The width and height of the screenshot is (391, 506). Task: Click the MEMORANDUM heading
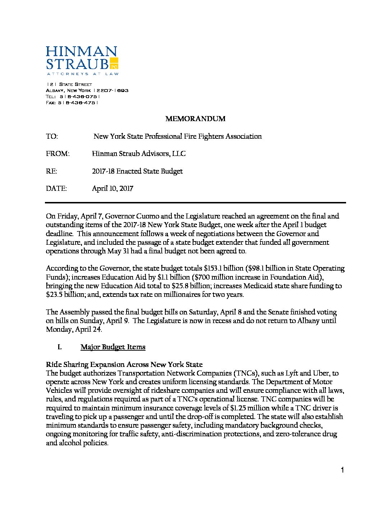tap(195, 119)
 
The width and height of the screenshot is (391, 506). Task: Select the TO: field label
tap(52, 137)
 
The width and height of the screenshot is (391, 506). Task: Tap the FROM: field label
tap(57, 154)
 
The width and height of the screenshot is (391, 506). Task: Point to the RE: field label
tap(51, 171)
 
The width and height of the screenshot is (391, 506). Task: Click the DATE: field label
tap(56, 189)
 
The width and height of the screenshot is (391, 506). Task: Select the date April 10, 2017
tap(112, 189)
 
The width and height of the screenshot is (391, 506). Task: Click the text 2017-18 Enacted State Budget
tap(137, 171)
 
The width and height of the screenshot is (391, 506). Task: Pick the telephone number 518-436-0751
tap(79, 97)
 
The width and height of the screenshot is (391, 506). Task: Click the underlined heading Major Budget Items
tap(113, 347)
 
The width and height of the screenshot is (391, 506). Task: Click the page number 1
tap(342, 470)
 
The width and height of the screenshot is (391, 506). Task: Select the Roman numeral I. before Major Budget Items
tap(60, 347)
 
